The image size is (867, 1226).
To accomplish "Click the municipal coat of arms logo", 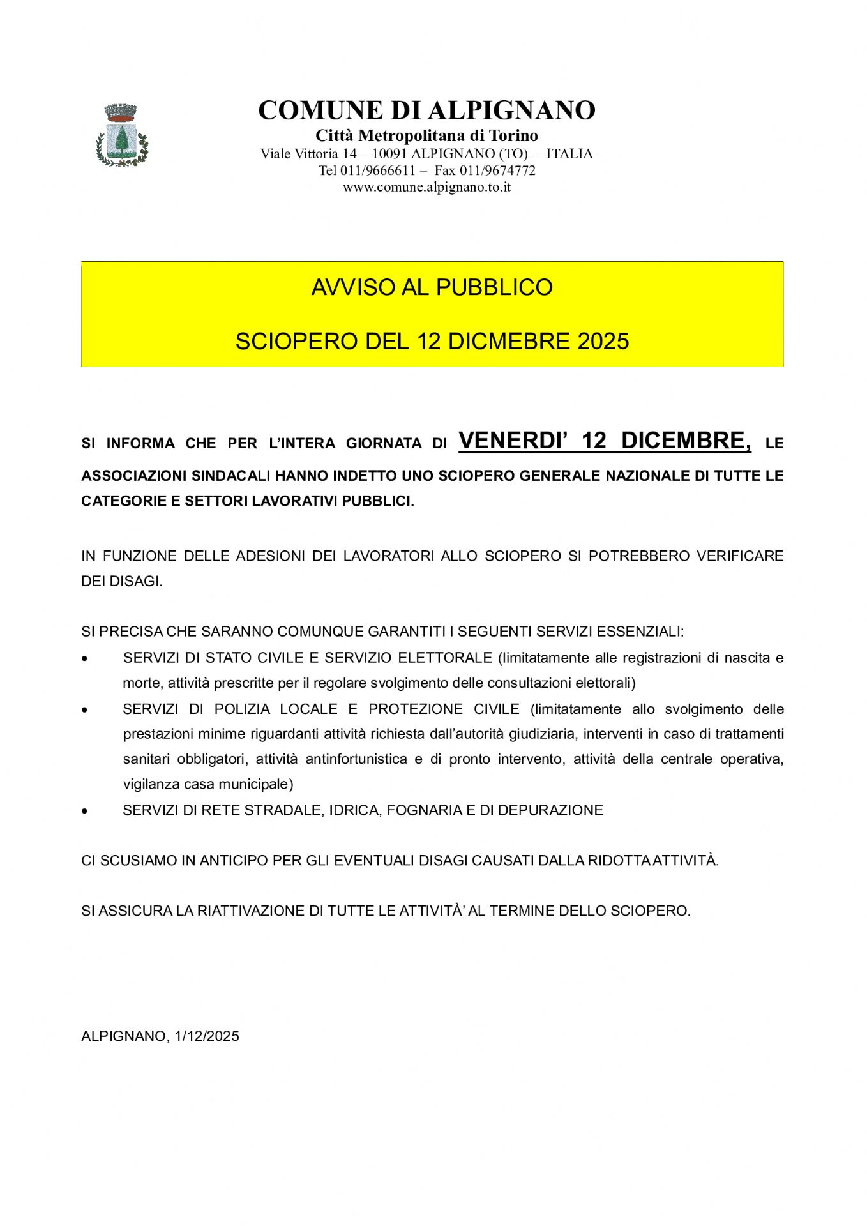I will (x=122, y=135).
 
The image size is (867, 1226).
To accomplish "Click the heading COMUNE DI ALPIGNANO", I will (x=426, y=110).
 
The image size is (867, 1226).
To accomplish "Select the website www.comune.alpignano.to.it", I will (x=426, y=187).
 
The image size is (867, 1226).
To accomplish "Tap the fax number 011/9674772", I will (x=497, y=170).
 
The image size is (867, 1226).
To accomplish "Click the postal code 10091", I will (x=389, y=154).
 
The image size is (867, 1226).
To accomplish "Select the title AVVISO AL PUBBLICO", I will (x=432, y=287).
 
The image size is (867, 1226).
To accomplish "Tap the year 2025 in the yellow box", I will (x=603, y=341).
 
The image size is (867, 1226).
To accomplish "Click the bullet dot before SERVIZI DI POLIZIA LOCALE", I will (x=84, y=709).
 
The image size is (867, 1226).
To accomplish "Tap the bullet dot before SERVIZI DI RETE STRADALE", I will (x=84, y=810).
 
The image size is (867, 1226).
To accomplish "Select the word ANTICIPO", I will (x=234, y=861).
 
